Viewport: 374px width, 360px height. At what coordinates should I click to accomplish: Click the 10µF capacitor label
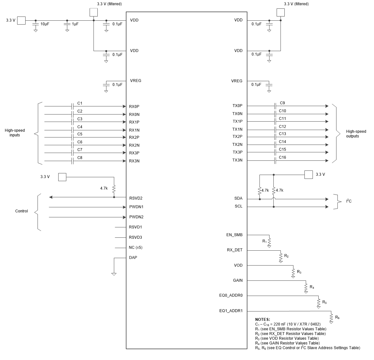pos(45,24)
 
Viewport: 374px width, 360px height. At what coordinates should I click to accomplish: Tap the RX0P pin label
pos(134,106)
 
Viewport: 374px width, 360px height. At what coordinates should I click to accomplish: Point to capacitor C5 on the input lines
pos(72,137)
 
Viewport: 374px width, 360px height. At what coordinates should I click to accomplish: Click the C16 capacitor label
pos(282,158)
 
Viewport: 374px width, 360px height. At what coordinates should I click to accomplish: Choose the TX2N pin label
pos(237,145)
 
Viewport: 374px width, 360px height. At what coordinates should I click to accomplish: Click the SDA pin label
pos(238,199)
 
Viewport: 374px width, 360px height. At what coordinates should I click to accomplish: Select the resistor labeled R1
pos(269,242)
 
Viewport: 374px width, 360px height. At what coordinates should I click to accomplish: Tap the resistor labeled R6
pos(331,318)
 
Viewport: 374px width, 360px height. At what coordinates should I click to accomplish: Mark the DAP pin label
pos(133,258)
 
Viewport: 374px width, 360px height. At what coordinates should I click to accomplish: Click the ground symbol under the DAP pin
pos(114,274)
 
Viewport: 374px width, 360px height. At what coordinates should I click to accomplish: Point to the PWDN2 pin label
pos(136,217)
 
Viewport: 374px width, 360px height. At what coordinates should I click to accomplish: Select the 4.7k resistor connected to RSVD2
pos(114,189)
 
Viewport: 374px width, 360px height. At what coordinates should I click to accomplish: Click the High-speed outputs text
pos(356,134)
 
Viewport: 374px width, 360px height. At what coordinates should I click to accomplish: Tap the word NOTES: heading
pos(262,320)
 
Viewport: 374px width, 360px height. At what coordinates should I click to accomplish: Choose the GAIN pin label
pos(237,280)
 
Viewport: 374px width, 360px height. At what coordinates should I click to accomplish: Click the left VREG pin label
pos(136,81)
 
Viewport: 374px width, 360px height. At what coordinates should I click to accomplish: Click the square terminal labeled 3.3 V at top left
pos(21,20)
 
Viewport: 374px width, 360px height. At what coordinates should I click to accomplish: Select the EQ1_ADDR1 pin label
pos(231,311)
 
